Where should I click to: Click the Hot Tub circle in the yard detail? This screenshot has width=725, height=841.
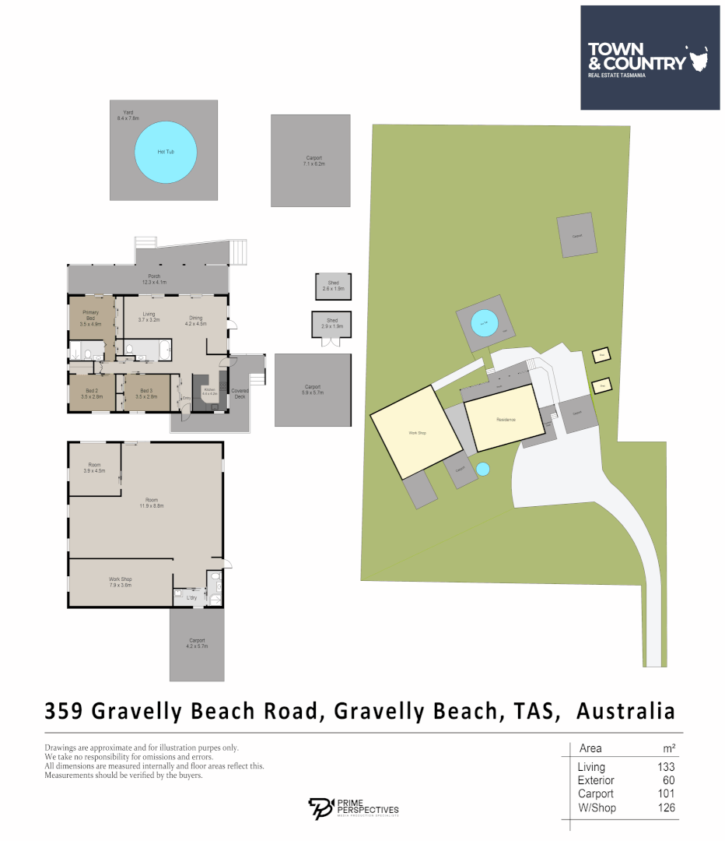(x=165, y=152)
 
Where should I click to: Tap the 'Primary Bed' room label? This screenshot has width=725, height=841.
(x=92, y=319)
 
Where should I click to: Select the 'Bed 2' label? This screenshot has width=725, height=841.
(x=92, y=393)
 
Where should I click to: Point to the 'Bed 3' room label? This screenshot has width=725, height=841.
(x=146, y=393)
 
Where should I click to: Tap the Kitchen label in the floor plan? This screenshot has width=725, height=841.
(x=208, y=391)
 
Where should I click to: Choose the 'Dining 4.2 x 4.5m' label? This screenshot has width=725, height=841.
(x=195, y=320)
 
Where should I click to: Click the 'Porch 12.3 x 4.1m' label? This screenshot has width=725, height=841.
(x=154, y=279)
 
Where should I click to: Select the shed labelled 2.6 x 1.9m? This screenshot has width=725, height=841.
(x=332, y=286)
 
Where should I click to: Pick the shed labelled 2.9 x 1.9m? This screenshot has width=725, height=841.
(x=332, y=323)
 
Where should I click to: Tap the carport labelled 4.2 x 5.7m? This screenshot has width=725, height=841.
(x=196, y=643)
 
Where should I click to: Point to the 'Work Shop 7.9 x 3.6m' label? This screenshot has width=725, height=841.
(x=120, y=582)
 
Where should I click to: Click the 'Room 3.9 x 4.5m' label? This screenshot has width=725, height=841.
(x=94, y=467)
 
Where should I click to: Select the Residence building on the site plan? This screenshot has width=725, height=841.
(x=506, y=420)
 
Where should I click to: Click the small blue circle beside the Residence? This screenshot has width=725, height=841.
(x=482, y=469)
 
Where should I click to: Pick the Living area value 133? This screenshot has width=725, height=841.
(x=665, y=767)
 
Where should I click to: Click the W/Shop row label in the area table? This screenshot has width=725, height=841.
(x=597, y=808)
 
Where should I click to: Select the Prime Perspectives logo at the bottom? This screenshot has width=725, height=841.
(x=354, y=808)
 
